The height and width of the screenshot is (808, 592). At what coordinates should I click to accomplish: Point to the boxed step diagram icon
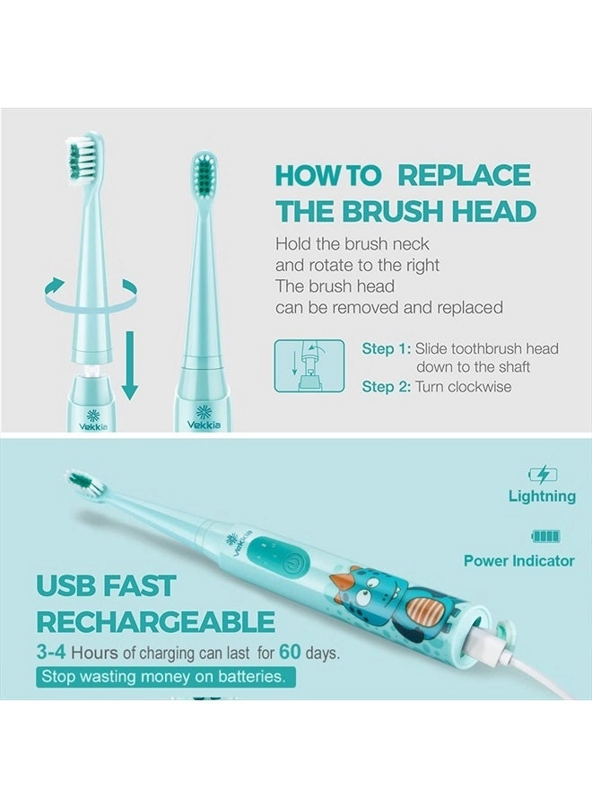coord(309,365)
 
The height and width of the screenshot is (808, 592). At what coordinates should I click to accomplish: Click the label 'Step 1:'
coord(386,349)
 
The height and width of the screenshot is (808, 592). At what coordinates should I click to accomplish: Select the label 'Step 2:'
coord(386,386)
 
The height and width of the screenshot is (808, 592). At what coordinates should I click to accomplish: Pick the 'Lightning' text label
coord(542,496)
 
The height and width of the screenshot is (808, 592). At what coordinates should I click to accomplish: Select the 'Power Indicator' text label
coord(519,561)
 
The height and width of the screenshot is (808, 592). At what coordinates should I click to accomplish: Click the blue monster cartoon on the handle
coord(370,593)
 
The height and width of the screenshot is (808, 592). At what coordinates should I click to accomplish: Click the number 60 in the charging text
coord(290,652)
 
